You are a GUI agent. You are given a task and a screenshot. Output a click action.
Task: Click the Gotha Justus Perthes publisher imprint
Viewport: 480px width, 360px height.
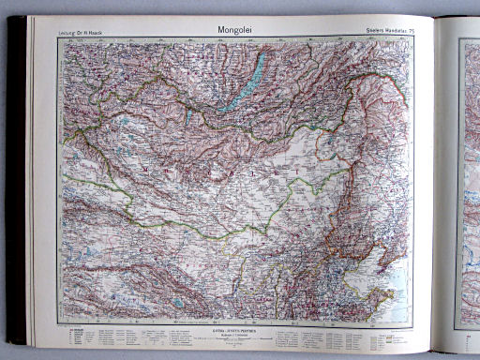228,334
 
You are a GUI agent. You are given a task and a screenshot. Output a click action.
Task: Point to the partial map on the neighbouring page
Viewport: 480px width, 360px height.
468,187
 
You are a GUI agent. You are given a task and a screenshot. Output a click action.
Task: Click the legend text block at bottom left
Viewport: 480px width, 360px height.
112,337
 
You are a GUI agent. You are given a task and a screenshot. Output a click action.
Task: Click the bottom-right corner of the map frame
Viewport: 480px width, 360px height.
412,325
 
